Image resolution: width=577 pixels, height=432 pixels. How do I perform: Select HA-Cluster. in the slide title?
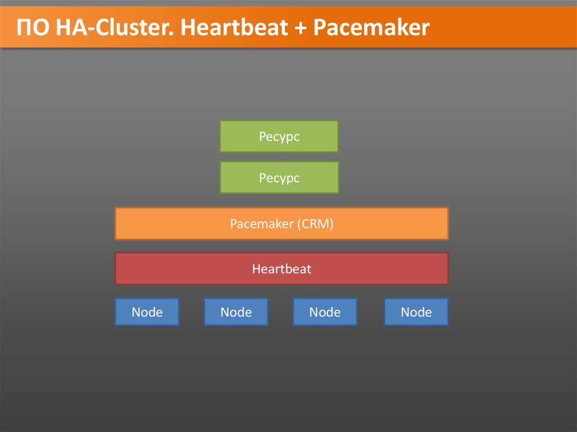(x=113, y=28)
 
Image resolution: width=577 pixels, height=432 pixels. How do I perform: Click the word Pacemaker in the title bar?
(x=371, y=28)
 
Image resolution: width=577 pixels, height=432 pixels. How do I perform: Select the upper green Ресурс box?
(x=279, y=136)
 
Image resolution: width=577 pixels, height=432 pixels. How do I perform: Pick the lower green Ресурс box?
(x=279, y=178)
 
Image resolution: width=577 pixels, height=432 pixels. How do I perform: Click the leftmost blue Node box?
(x=147, y=312)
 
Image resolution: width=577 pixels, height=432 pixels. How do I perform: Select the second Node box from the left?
(x=236, y=312)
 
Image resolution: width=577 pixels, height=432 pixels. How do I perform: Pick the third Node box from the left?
(x=325, y=312)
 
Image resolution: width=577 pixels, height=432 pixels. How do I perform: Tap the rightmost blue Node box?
(x=416, y=312)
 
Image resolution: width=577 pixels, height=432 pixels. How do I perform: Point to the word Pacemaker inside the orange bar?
(x=261, y=224)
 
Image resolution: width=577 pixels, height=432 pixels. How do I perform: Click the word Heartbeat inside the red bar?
(x=282, y=269)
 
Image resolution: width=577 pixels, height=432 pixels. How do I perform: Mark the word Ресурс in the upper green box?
(x=279, y=136)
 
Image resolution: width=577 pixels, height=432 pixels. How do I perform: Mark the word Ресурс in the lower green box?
(x=279, y=178)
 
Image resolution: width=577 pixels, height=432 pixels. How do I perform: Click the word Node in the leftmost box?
(x=147, y=312)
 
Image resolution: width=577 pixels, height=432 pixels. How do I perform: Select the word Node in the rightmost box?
(x=416, y=312)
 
